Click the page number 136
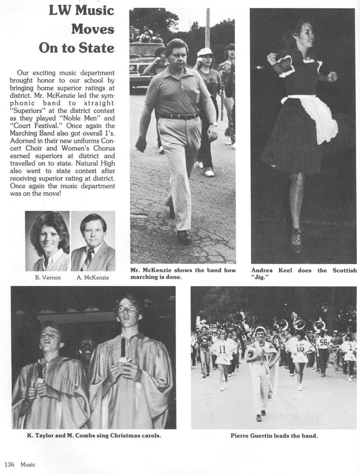tap(10, 464)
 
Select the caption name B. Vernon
tap(48, 278)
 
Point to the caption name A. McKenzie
tap(93, 278)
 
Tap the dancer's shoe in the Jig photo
tap(296, 239)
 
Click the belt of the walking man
tap(179, 116)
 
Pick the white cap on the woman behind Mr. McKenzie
tap(205, 52)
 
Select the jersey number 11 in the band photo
tap(222, 349)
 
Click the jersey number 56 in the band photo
tap(323, 342)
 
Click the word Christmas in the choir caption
tap(116, 436)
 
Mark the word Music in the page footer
tap(28, 464)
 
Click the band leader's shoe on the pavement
tap(258, 418)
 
